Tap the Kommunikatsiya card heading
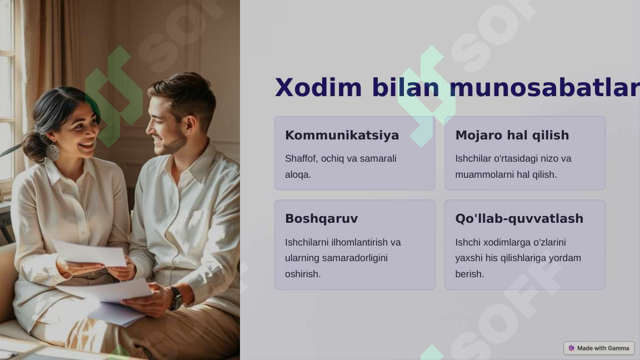(x=342, y=136)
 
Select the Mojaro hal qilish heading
(x=512, y=136)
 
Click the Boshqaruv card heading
(x=321, y=219)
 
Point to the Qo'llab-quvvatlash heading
(x=519, y=219)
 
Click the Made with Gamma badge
(x=599, y=348)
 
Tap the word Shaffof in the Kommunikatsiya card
(x=301, y=159)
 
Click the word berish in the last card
(x=469, y=274)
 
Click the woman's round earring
(x=53, y=152)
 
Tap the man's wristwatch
(x=176, y=298)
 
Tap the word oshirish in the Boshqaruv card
(x=302, y=274)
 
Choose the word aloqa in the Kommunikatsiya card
(x=297, y=175)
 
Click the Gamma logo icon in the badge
(x=571, y=348)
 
